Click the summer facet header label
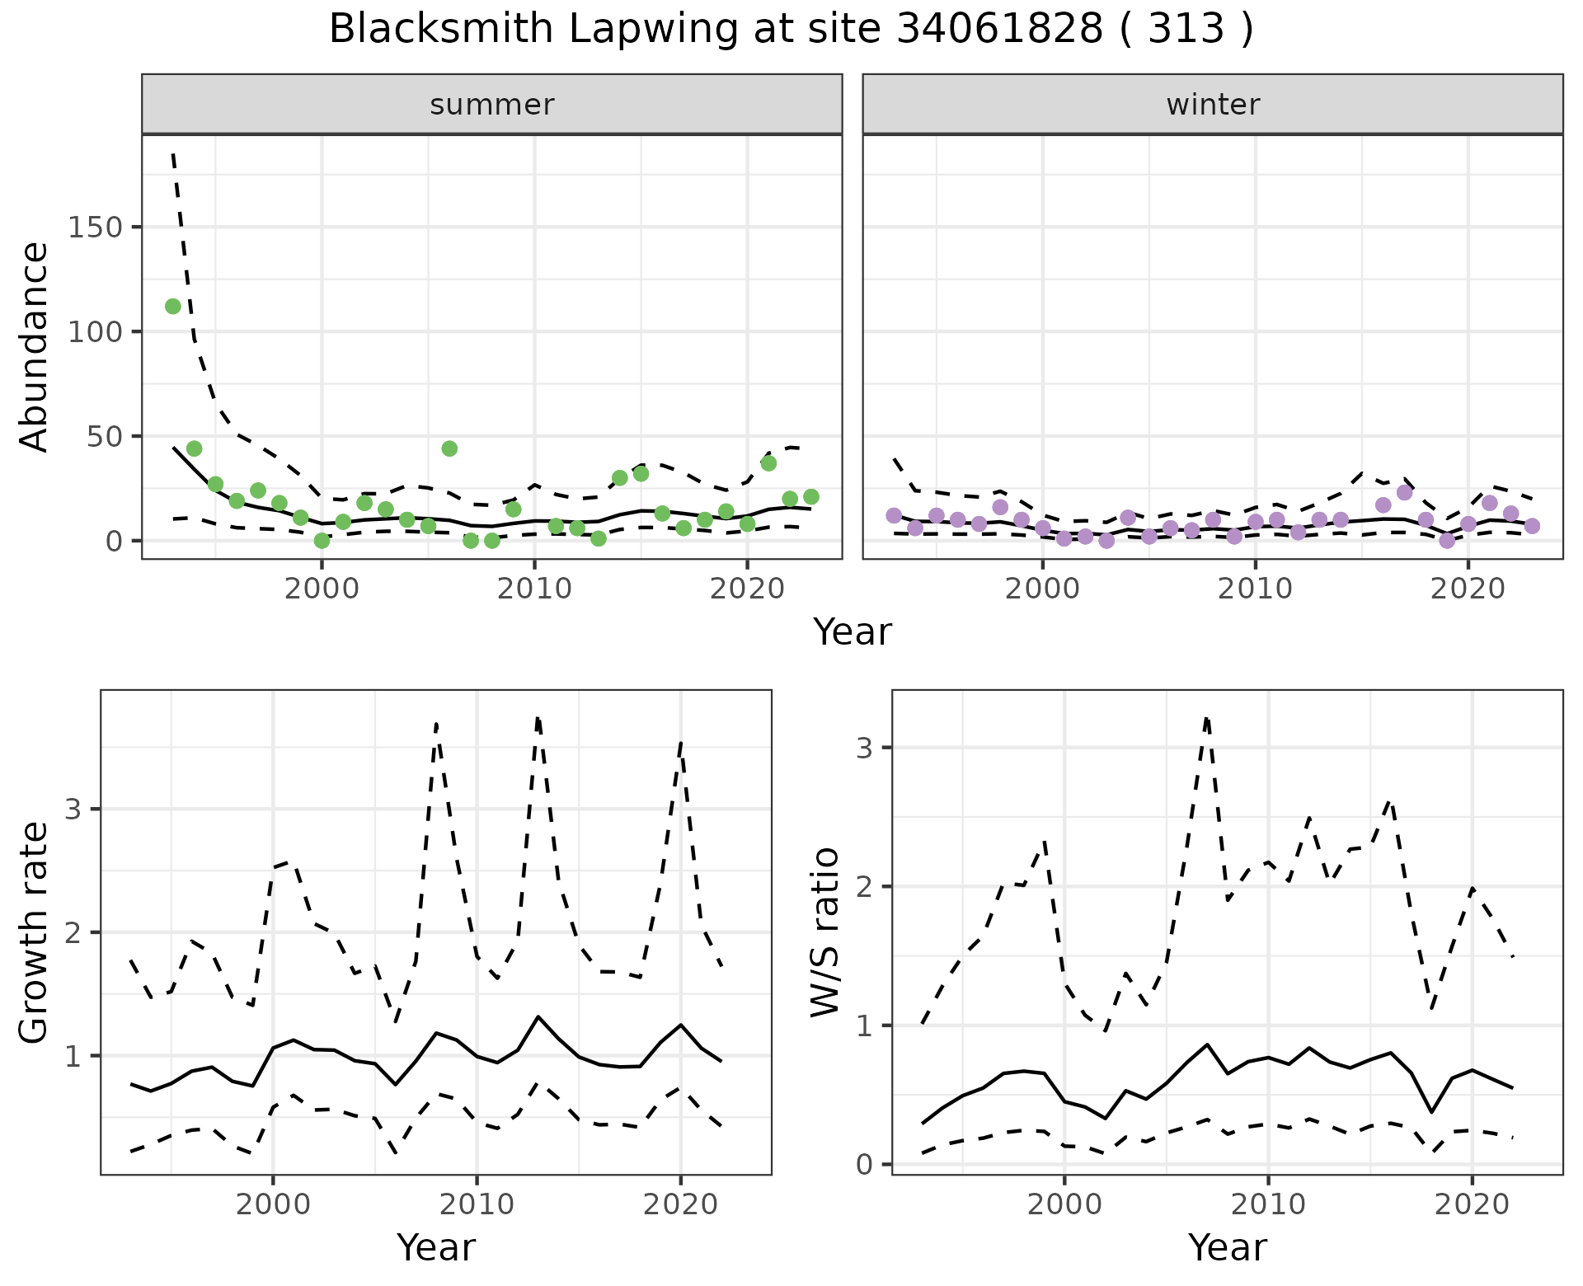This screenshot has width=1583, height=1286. point(492,105)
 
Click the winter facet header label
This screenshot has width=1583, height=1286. point(1213,105)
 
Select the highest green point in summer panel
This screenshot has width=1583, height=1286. point(173,307)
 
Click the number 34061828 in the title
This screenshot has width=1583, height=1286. point(999,30)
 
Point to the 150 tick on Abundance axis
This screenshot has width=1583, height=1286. point(95,228)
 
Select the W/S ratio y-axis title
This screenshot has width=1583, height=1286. point(824,932)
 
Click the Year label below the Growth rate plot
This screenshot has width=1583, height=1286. point(436,1247)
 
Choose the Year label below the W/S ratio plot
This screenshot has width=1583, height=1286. point(1228,1247)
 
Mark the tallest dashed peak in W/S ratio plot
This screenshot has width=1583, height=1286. point(1206,719)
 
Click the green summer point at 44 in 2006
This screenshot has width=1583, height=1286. point(449,448)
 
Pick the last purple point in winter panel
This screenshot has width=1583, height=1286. point(1532,526)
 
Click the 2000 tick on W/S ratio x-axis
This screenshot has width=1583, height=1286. point(1064,1204)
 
